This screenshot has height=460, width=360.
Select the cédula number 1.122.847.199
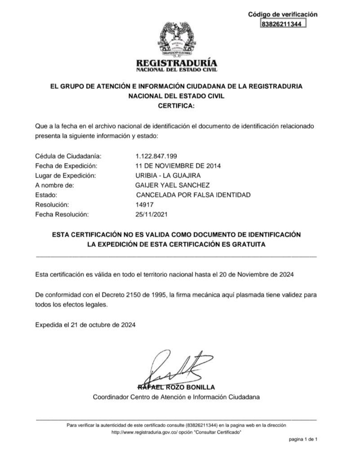(156, 156)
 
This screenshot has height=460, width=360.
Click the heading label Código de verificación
(283, 14)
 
